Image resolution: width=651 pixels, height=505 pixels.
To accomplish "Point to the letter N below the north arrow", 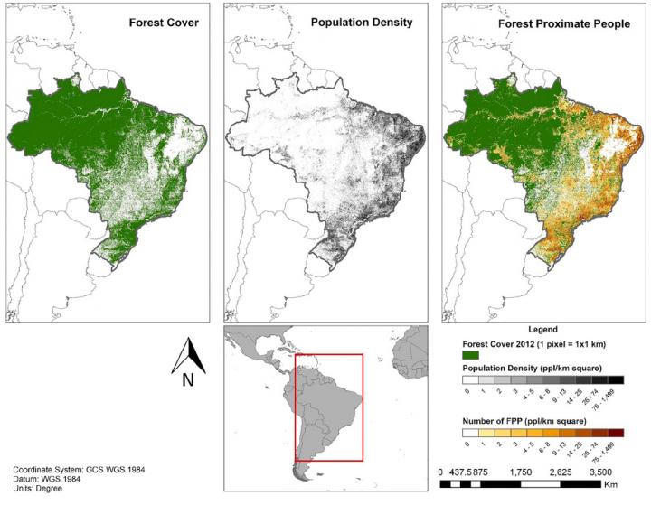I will click(188, 380).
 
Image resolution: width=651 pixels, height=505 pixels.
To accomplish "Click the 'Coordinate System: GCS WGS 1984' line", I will click(79, 469).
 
